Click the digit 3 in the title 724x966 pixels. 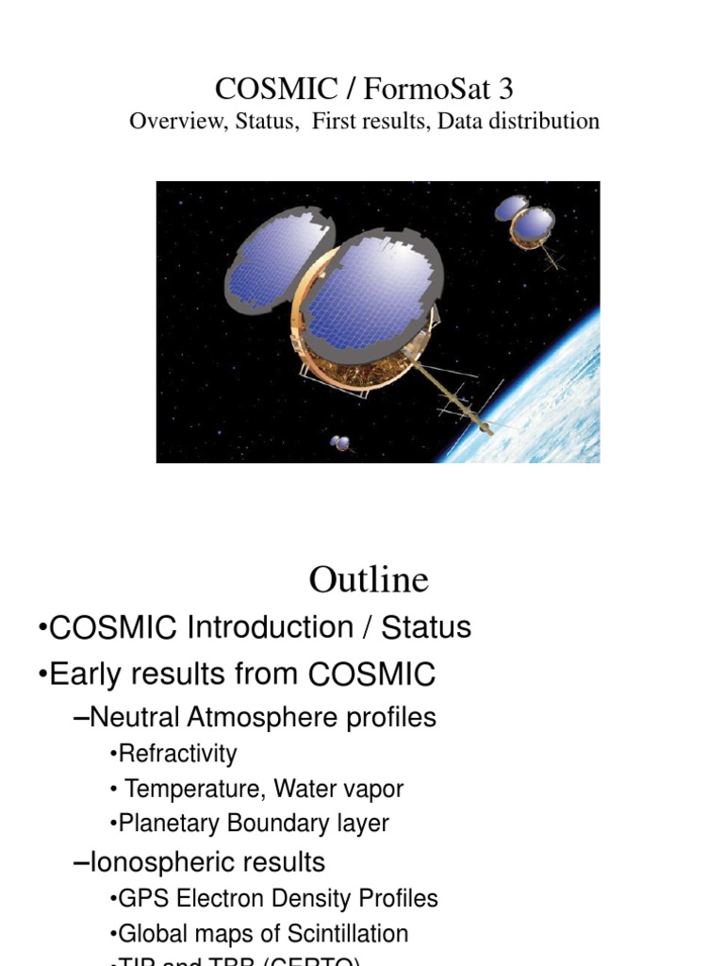click(x=506, y=90)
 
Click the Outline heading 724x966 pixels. click(x=369, y=579)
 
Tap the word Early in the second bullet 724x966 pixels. click(x=83, y=675)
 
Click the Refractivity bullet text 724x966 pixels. click(x=176, y=754)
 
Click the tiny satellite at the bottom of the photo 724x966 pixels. click(x=341, y=441)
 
